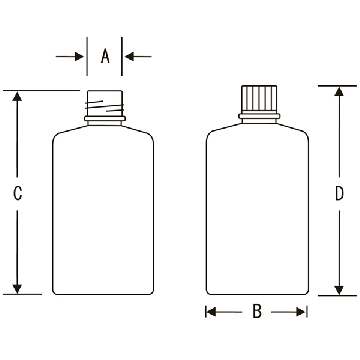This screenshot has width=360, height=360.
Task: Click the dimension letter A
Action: (105, 56)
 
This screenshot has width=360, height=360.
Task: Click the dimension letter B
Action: (257, 312)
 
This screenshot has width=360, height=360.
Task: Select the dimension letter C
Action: (18, 193)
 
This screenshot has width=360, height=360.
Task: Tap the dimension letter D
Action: (339, 193)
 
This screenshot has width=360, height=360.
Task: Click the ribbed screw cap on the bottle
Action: (259, 99)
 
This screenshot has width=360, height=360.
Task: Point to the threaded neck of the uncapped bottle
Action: (105, 103)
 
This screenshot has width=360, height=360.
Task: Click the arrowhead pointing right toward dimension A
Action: (79, 56)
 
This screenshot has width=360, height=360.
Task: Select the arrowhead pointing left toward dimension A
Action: (129, 56)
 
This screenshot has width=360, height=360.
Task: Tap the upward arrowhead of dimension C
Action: (17, 97)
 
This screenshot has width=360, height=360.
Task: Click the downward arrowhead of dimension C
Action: (17, 289)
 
